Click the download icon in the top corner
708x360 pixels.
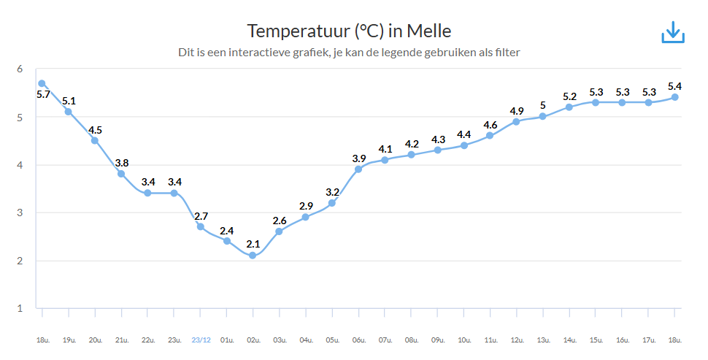672,32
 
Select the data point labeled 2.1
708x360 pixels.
253,256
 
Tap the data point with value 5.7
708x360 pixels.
42,83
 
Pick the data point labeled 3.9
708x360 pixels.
358,169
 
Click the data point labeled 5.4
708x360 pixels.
675,97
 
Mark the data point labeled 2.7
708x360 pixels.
200,226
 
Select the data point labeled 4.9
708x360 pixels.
517,121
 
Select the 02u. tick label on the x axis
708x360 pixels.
253,340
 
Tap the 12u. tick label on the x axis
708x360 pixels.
517,340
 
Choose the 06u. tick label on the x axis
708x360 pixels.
358,340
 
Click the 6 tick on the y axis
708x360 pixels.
20,69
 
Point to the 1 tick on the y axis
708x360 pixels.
20,308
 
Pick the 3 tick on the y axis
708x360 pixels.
20,212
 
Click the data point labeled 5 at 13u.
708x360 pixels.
543,117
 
